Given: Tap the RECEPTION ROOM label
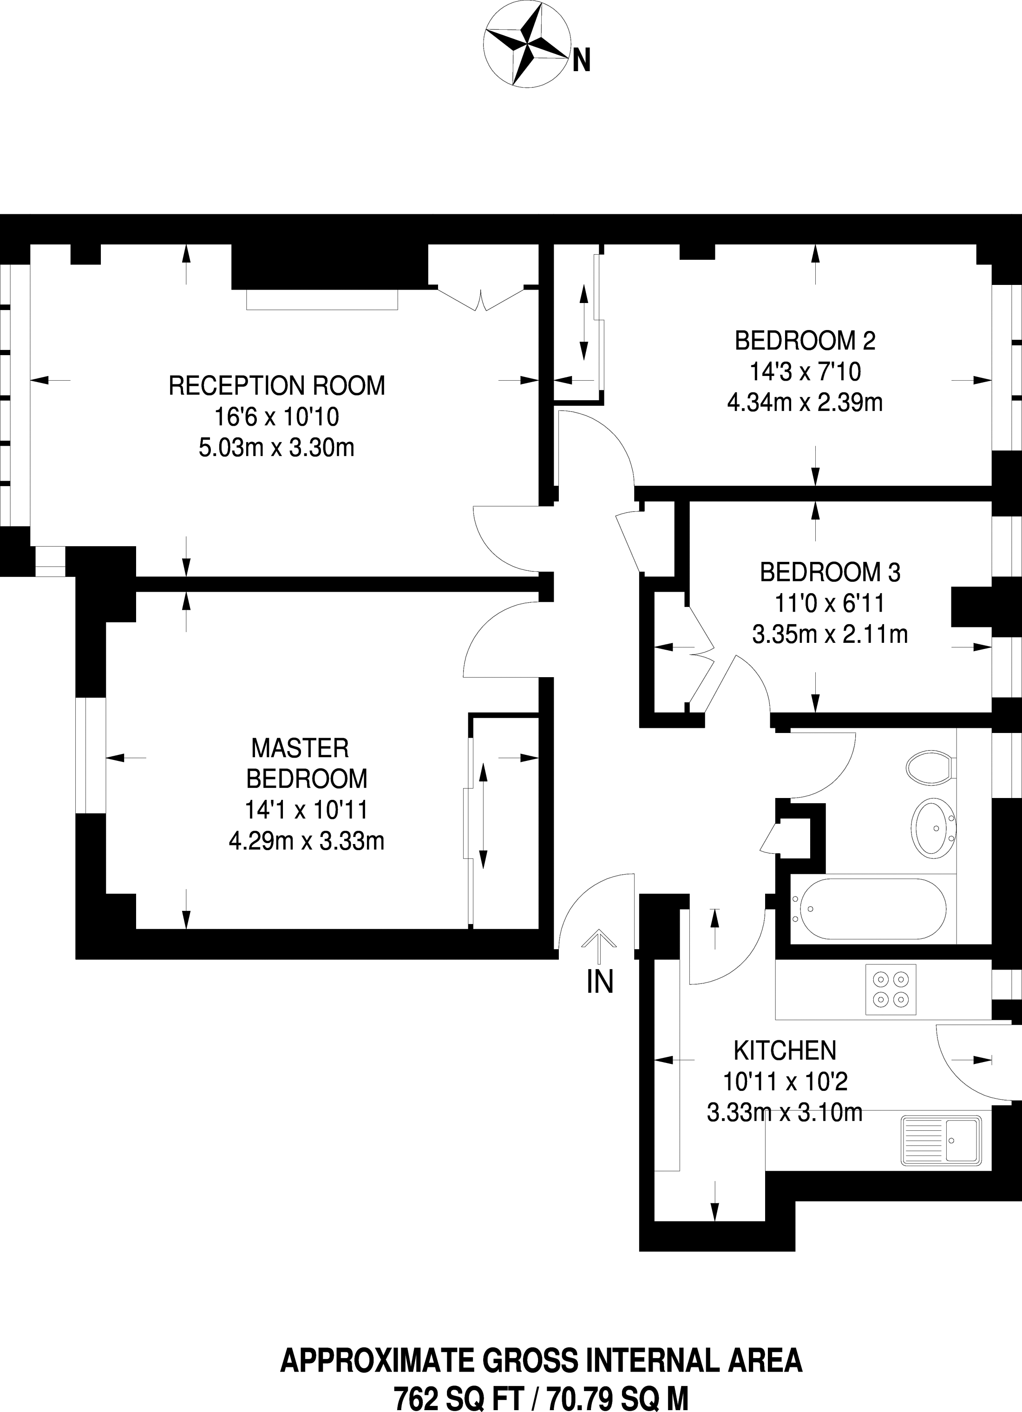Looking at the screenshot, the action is (x=277, y=385).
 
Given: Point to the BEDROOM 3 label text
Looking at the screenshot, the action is (x=830, y=572).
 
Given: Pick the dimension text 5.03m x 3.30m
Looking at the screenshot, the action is (x=276, y=448).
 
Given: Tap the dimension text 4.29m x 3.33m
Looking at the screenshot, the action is (x=306, y=841).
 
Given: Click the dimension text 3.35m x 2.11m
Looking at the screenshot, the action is (x=830, y=634).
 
